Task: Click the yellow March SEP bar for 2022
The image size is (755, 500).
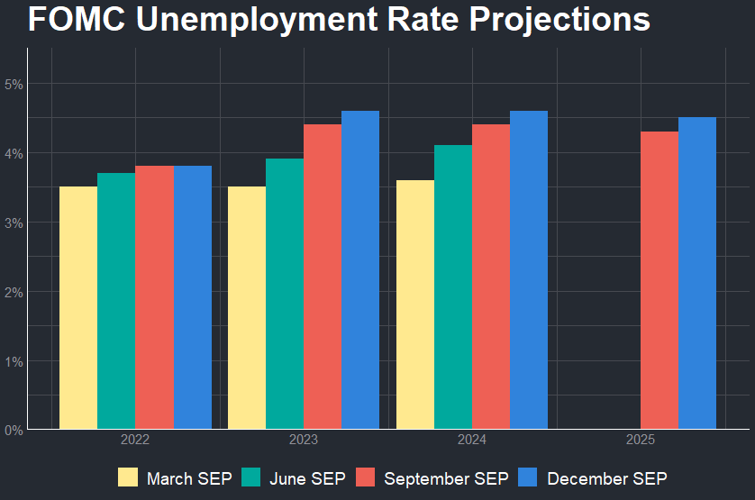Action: [78, 307]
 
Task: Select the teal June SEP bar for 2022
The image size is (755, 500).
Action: [116, 301]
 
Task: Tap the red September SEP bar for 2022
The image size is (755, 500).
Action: [154, 297]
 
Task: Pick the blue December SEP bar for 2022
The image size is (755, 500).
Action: [192, 297]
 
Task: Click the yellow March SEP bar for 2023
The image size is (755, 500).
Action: [247, 307]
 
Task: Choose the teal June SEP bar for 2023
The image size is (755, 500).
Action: [285, 294]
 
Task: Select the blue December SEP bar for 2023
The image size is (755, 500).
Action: [360, 269]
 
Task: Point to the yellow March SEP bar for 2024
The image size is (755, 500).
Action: [415, 305]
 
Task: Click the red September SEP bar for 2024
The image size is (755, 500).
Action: [491, 277]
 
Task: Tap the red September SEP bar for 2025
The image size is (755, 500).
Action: [659, 280]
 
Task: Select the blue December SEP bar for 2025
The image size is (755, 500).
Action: [697, 273]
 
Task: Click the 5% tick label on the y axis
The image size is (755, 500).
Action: [13, 84]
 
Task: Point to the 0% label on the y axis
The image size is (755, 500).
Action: [13, 430]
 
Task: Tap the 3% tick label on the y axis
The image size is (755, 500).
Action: [13, 223]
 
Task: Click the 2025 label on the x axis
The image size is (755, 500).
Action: [641, 441]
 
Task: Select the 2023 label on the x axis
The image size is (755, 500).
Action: [304, 441]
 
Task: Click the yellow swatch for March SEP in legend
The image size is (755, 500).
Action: [129, 477]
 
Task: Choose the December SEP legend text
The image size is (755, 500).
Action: [606, 477]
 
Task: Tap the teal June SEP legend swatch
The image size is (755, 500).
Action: [251, 477]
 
